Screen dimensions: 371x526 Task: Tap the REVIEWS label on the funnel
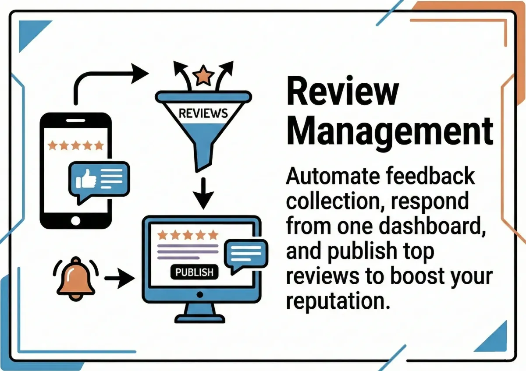tap(203, 113)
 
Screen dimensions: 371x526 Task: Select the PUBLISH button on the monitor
tap(194, 272)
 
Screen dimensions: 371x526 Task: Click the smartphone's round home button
tap(76, 219)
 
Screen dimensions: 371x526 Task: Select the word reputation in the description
tap(338, 301)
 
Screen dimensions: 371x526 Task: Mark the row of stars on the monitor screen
tap(188, 235)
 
